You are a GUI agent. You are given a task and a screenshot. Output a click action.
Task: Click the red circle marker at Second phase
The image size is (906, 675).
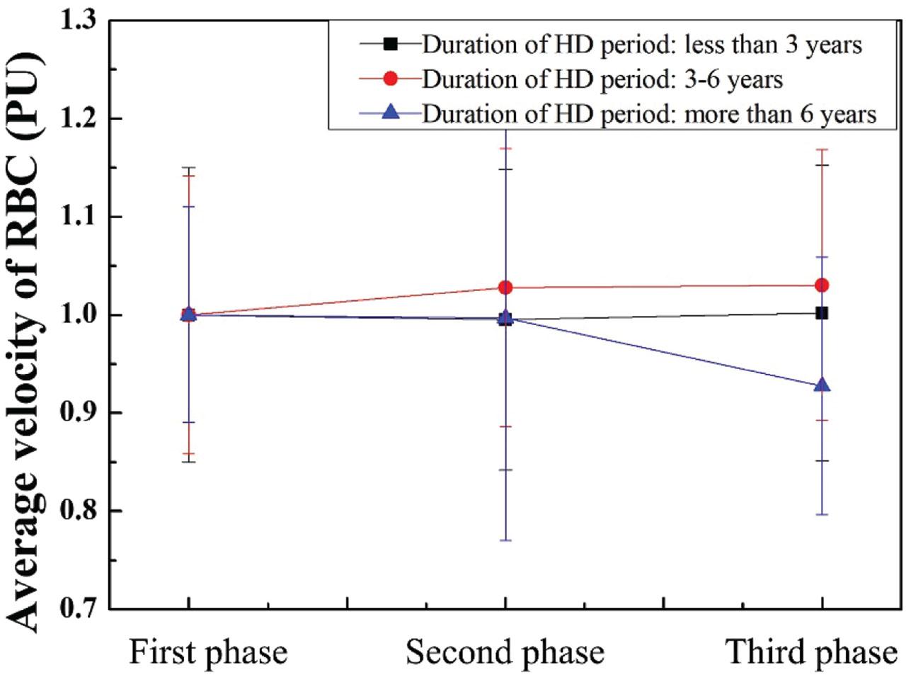(x=505, y=287)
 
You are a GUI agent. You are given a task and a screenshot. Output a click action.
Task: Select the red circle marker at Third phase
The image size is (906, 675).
(x=822, y=285)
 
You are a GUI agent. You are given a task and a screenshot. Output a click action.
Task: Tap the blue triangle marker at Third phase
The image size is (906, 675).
(x=822, y=385)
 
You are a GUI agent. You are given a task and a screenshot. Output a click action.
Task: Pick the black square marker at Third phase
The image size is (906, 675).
(x=822, y=312)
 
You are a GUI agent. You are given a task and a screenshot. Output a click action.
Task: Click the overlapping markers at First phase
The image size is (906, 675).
(x=188, y=314)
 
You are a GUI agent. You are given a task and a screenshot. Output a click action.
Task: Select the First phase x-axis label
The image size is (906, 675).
(x=208, y=652)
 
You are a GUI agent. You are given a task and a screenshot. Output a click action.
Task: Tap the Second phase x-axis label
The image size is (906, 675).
(x=505, y=652)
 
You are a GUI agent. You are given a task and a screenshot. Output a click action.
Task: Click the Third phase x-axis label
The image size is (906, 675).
(x=811, y=652)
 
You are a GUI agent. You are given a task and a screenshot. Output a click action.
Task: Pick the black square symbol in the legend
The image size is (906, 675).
(x=390, y=44)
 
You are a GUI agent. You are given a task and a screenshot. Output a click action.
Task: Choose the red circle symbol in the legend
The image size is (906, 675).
(x=390, y=78)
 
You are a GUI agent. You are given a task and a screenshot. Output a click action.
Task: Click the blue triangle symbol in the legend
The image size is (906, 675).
(x=390, y=112)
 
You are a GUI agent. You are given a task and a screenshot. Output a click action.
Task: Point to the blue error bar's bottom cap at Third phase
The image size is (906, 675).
(x=822, y=514)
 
